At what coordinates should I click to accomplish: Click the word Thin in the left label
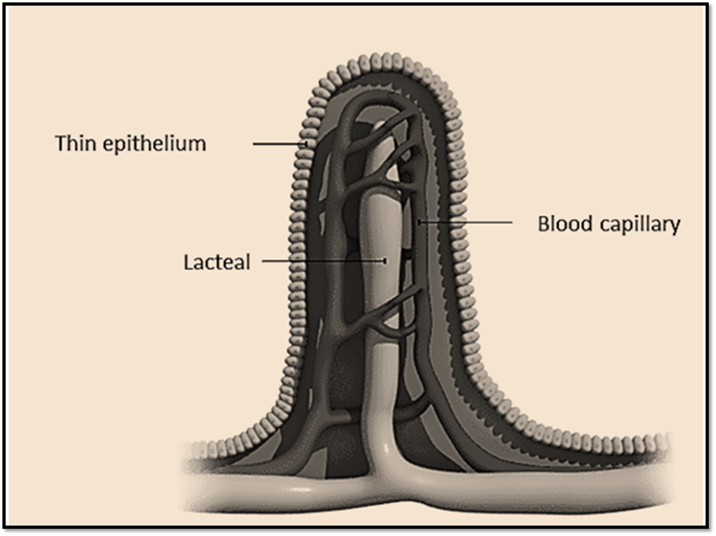72,144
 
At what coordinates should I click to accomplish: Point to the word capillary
639,225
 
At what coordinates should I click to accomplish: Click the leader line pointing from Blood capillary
466,221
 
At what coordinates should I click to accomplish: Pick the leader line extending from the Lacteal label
321,261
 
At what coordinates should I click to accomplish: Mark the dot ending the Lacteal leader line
385,261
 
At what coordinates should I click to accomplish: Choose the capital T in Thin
59,144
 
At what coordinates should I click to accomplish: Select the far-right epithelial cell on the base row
661,441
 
